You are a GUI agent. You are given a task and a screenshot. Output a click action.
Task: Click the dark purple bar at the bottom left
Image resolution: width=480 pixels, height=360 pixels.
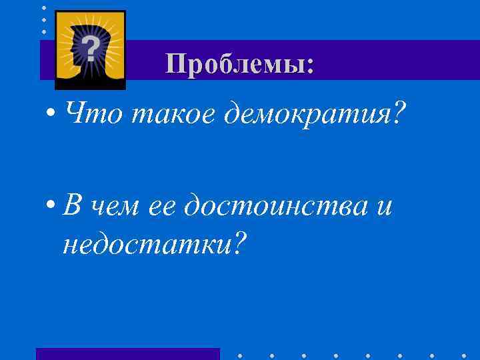[127, 354]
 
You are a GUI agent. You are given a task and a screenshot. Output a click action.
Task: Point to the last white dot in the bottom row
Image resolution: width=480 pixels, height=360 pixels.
[465, 355]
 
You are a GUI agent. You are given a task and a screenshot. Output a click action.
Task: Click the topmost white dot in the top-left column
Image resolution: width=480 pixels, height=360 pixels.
[44, 7]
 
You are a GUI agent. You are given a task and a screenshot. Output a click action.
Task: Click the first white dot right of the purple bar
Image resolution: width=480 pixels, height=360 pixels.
[240, 355]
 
